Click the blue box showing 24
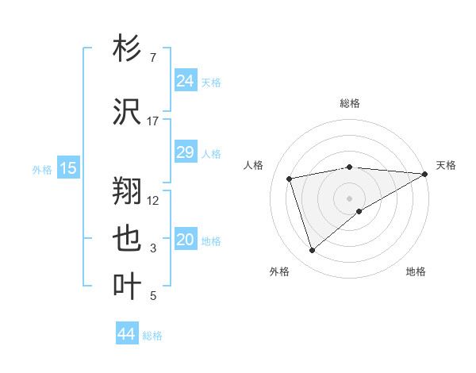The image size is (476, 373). coord(185,81)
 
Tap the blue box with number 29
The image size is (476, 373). coord(185,152)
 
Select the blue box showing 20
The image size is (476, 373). coord(185,240)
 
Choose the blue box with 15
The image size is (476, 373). coord(67,167)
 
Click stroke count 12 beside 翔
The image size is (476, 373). coord(153,200)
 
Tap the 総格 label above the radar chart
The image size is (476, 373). coord(349,103)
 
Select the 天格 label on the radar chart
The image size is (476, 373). coord(446,165)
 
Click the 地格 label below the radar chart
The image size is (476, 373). coord(416,271)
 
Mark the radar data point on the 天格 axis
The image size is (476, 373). coord(426,174)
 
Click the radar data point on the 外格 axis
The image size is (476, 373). coord(312,251)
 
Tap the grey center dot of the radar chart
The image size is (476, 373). coord(349,198)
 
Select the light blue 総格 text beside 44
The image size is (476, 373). coord(152,335)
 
